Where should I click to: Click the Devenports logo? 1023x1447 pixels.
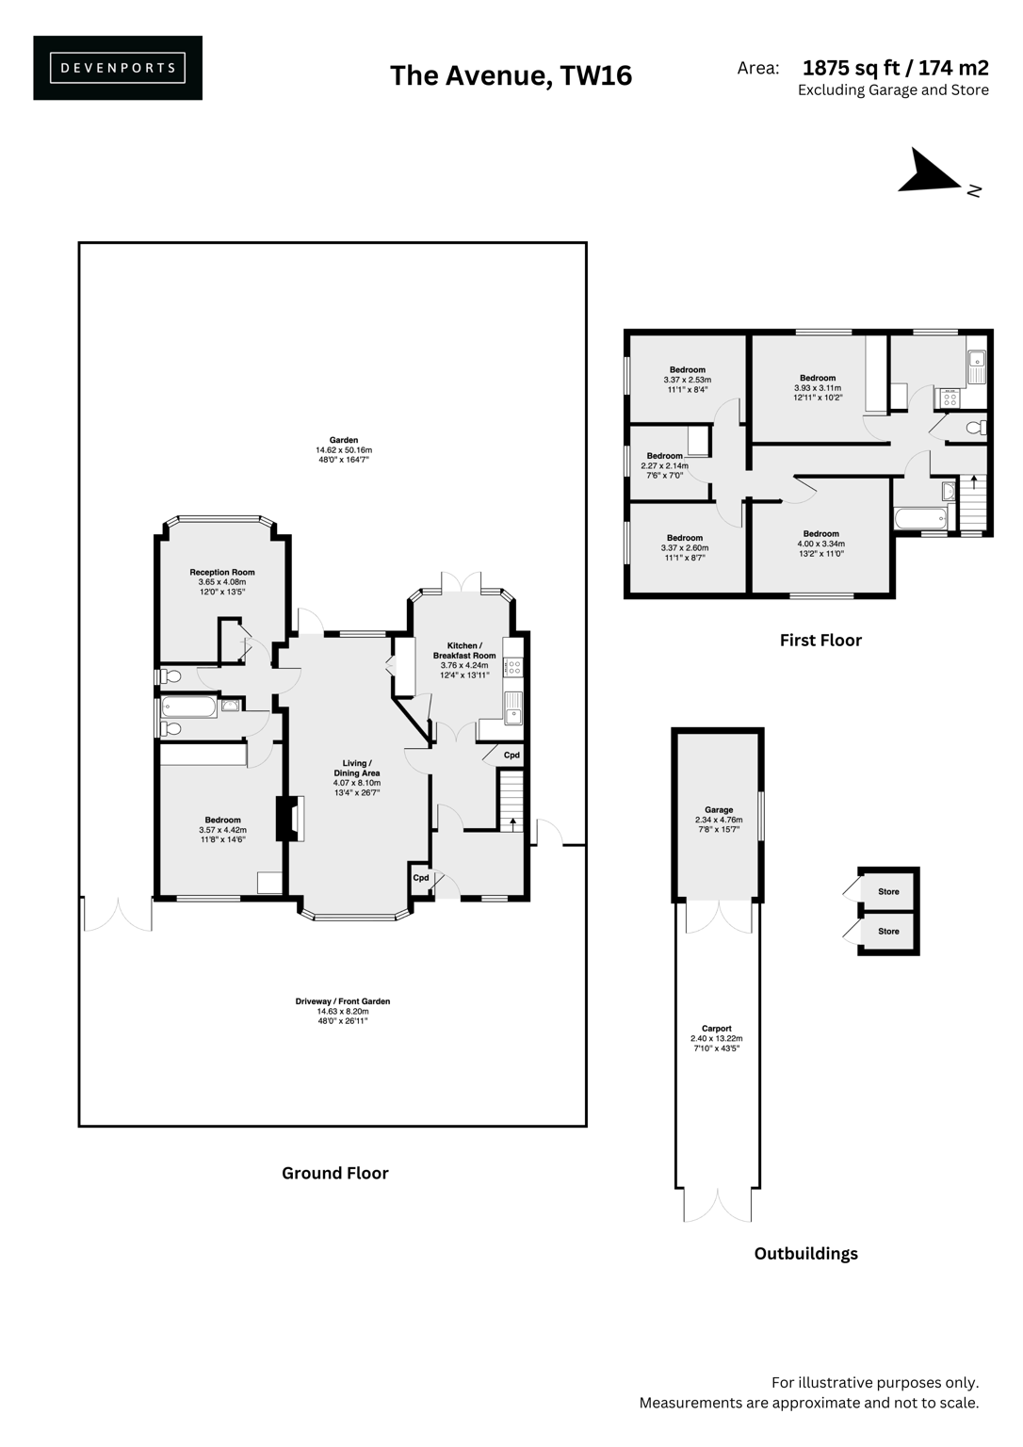click(118, 68)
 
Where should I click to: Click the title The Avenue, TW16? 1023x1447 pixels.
click(511, 75)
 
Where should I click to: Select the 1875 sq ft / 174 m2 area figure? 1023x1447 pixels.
click(895, 68)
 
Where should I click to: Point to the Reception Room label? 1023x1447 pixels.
click(222, 581)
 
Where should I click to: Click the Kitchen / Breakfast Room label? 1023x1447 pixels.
click(464, 659)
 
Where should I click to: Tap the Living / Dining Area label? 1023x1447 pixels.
click(356, 777)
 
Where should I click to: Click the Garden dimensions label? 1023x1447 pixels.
click(344, 449)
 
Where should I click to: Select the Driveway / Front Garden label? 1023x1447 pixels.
click(343, 1010)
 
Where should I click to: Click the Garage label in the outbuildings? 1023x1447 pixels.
click(719, 819)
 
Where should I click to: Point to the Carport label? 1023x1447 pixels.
click(717, 1038)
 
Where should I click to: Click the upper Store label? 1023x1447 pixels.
click(888, 891)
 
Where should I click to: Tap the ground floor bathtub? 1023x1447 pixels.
click(189, 707)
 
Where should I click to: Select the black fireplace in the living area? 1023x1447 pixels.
click(283, 819)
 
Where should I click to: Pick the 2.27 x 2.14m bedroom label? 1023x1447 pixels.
click(664, 465)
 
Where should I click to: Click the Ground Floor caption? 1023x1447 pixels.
click(335, 1173)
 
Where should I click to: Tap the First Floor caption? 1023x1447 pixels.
click(820, 641)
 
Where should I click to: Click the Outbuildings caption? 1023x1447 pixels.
click(806, 1253)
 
